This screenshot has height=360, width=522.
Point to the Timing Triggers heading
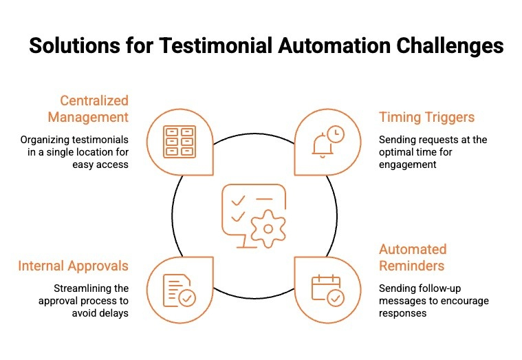(x=426, y=117)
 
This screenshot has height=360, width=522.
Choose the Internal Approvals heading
(x=73, y=266)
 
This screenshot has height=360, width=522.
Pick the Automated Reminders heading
(x=413, y=257)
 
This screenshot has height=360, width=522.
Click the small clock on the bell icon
(x=335, y=134)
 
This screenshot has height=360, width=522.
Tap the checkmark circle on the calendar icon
(x=335, y=297)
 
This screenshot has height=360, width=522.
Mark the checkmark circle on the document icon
(x=186, y=298)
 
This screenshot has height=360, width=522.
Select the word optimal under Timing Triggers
(x=398, y=152)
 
